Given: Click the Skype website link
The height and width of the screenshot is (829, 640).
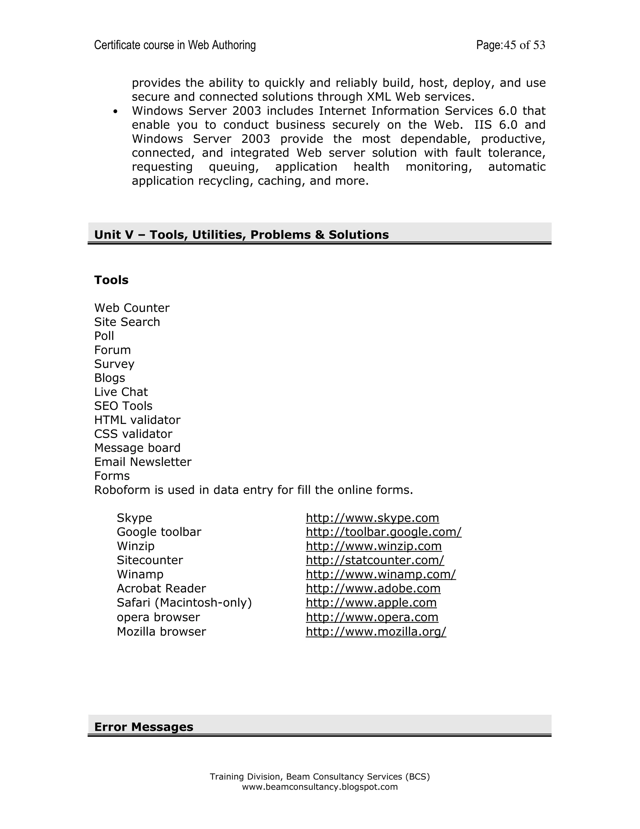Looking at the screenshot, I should pyautogui.click(x=372, y=518).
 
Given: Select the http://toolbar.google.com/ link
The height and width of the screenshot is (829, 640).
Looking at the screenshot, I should pyautogui.click(x=383, y=532).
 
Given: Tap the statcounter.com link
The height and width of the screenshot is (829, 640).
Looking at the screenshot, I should pyautogui.click(x=375, y=560).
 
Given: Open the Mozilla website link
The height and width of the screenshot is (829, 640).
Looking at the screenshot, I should pyautogui.click(x=376, y=632).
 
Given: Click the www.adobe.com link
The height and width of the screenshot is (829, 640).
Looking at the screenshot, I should pyautogui.click(x=373, y=589).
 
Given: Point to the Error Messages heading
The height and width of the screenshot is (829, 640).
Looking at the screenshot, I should pyautogui.click(x=144, y=727).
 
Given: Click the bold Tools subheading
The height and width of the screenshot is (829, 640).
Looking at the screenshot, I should pyautogui.click(x=111, y=280).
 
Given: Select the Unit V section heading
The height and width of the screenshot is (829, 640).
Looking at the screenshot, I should pyautogui.click(x=241, y=235).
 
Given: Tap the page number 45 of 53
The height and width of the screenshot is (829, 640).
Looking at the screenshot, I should pyautogui.click(x=524, y=45).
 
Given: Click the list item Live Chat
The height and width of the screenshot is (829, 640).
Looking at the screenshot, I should pyautogui.click(x=121, y=392).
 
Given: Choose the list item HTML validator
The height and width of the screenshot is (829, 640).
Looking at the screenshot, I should pyautogui.click(x=137, y=420).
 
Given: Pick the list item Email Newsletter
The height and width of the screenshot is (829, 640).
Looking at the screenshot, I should pyautogui.click(x=142, y=462).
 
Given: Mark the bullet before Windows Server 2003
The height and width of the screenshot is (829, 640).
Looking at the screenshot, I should pyautogui.click(x=115, y=112).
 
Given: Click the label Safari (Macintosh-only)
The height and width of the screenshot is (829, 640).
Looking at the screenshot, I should pyautogui.click(x=184, y=603).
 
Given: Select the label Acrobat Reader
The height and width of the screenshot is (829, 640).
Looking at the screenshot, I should pyautogui.click(x=161, y=589).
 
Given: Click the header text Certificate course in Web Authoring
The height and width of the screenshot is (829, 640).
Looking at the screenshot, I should pyautogui.click(x=175, y=45).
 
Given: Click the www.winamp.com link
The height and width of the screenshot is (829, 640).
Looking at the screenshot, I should pyautogui.click(x=381, y=574).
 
